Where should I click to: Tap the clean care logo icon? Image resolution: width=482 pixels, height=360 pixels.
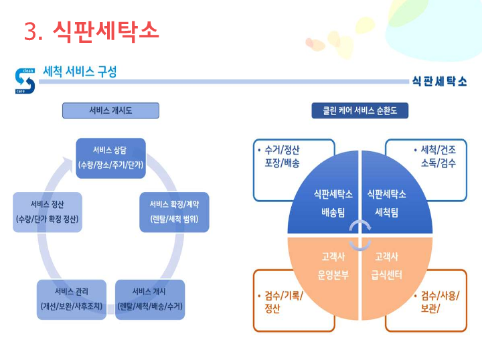point(24,80)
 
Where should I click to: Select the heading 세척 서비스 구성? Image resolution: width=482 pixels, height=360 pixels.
point(80,72)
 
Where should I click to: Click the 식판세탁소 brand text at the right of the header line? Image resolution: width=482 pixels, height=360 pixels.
point(438,81)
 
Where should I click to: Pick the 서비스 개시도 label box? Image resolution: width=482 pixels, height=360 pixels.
point(110,110)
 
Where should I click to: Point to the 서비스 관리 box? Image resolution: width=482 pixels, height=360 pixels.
point(71,298)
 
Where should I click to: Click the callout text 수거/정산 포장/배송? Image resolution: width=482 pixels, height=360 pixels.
point(282,156)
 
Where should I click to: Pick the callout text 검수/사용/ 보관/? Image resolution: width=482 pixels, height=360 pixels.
point(438,302)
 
